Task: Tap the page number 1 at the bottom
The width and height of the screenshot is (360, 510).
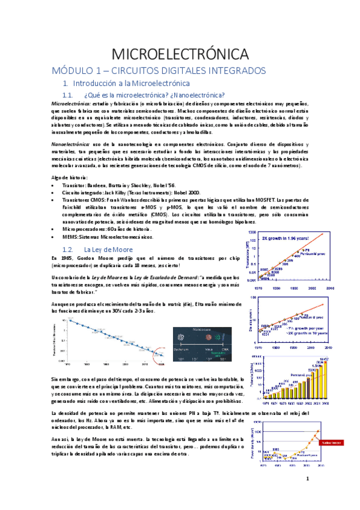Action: coord(307,479)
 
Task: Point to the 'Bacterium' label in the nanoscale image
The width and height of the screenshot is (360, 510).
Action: coord(185,349)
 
